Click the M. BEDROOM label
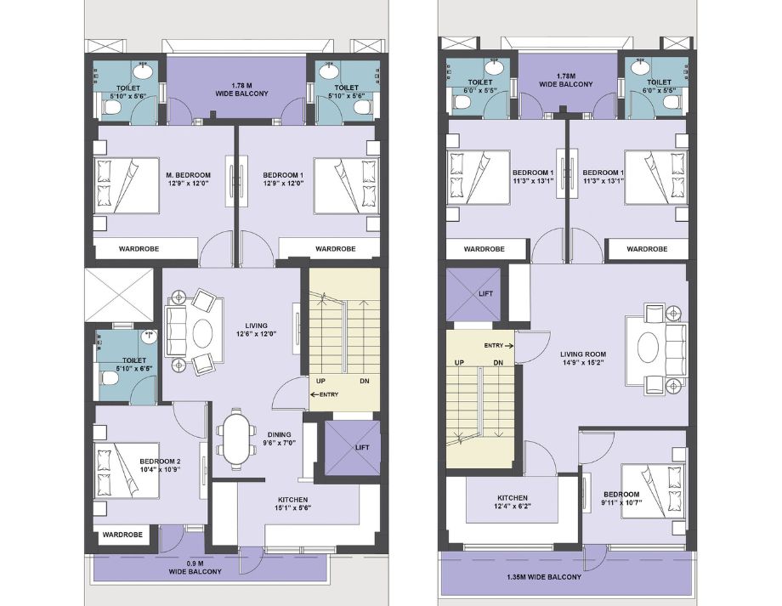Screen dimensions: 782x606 (x=188, y=176)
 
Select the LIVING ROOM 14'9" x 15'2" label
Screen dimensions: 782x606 (x=582, y=359)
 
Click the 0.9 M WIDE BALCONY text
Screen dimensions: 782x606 (x=195, y=568)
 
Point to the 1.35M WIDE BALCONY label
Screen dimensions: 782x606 (x=544, y=577)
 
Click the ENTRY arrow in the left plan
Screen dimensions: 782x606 (x=314, y=394)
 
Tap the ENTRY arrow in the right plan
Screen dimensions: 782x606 (x=508, y=345)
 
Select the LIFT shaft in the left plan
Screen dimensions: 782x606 (x=352, y=447)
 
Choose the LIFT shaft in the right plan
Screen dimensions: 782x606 (x=473, y=294)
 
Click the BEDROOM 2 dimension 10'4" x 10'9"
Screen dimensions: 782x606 (x=160, y=469)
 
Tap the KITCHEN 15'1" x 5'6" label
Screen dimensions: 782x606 (x=292, y=504)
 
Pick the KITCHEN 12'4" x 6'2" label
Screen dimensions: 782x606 (x=513, y=502)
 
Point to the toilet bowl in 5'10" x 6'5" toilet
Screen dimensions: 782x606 (x=108, y=378)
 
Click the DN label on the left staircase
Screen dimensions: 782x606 (x=365, y=381)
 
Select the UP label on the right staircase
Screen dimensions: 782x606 (x=459, y=363)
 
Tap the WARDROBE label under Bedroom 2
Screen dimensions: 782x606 (x=122, y=535)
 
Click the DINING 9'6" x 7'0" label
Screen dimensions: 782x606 (x=279, y=439)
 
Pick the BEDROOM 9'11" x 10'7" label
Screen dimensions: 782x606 (x=621, y=499)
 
